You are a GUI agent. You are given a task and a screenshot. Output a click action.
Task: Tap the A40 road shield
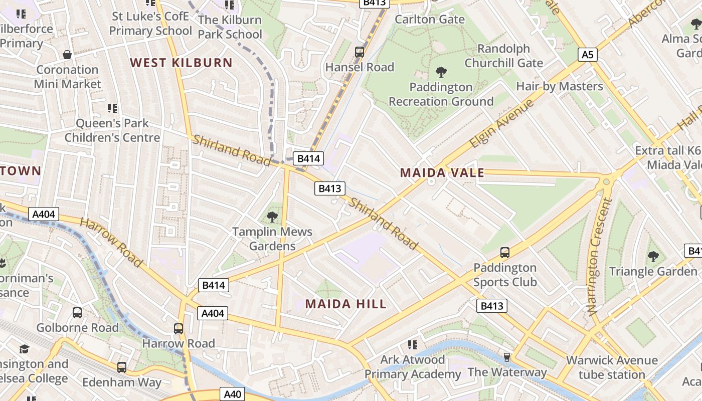[232, 394]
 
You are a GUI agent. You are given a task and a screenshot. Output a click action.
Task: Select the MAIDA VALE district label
[442, 173]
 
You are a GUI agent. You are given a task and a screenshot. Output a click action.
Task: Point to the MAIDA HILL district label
[346, 304]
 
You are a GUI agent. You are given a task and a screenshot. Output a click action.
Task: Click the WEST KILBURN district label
[182, 63]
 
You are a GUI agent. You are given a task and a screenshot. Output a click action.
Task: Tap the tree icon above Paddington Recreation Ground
[441, 72]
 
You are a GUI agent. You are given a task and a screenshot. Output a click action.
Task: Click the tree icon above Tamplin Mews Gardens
[272, 217]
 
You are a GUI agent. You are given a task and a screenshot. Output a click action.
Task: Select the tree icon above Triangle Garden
[653, 257]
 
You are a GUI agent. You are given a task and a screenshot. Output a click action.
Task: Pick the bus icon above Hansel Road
[360, 52]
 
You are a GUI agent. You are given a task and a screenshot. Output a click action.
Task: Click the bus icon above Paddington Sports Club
[505, 253]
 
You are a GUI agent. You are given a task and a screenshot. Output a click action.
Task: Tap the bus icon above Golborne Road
[77, 313]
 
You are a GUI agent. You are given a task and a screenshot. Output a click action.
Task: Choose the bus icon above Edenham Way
[122, 367]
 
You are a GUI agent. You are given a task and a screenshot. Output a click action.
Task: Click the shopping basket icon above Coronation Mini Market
[67, 55]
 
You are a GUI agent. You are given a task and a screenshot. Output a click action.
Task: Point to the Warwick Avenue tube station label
[612, 367]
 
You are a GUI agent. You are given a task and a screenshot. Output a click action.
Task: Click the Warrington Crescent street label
[600, 256]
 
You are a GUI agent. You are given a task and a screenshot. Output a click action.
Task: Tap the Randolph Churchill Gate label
[503, 56]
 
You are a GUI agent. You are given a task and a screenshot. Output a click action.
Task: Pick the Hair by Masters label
[560, 86]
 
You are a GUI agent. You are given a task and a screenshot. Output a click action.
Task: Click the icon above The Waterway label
[507, 357]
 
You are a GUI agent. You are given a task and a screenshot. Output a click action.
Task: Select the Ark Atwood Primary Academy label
[413, 367]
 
